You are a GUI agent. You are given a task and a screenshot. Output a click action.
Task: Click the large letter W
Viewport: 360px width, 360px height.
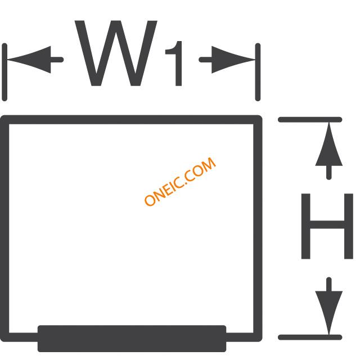116,53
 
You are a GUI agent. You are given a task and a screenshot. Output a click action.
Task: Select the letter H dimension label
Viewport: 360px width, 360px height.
327,226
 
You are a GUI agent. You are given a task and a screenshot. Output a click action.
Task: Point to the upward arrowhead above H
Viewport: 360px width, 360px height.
328,144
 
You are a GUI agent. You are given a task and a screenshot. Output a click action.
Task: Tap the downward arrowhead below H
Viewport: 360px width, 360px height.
328,313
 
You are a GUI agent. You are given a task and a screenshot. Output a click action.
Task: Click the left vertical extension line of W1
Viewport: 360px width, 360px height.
4,72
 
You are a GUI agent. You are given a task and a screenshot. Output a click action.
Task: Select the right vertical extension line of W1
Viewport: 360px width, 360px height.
258,72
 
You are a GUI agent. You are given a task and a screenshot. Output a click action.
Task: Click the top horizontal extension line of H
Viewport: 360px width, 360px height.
310,120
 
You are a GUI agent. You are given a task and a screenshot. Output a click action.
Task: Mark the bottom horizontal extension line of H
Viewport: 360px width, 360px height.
310,337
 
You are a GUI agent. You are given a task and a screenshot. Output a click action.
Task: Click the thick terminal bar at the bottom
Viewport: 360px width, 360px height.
132,339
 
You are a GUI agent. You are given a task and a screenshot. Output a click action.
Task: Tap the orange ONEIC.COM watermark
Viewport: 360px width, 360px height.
180,181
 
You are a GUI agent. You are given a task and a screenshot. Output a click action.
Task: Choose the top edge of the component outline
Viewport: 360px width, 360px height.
131,120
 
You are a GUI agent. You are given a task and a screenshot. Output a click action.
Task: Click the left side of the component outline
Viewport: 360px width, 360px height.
4,228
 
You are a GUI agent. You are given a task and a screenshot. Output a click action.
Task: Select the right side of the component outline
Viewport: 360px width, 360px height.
258,228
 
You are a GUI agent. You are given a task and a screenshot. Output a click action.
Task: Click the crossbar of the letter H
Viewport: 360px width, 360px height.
327,225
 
